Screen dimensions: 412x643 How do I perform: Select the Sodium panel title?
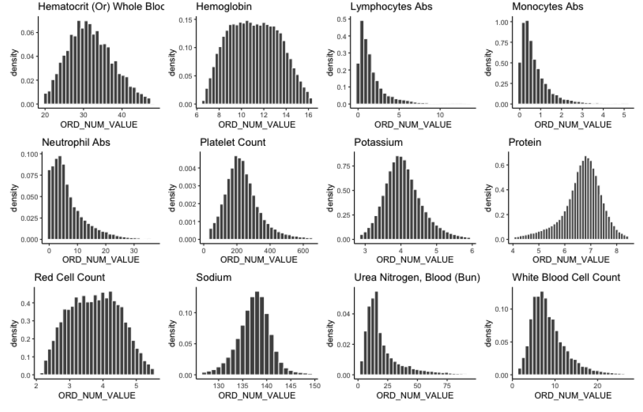(x=214, y=278)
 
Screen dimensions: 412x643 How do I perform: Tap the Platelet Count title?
(x=232, y=142)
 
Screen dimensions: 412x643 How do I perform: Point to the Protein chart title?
(x=527, y=142)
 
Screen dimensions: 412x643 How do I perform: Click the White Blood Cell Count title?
(x=566, y=278)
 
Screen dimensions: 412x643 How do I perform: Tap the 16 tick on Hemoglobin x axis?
(x=308, y=115)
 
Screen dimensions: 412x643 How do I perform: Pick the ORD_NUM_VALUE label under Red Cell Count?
(x=97, y=395)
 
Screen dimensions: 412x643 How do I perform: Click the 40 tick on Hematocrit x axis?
(x=122, y=115)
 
